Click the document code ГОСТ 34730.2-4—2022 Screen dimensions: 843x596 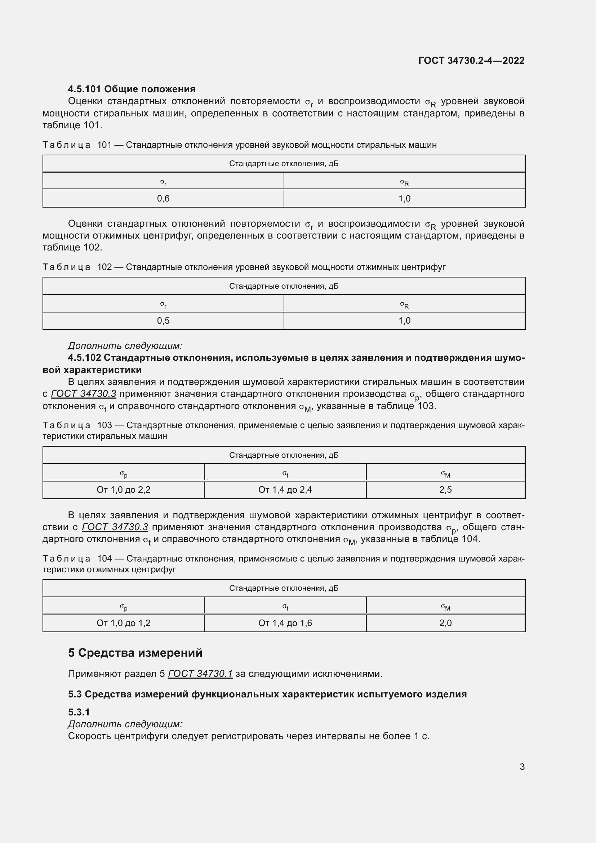(x=471, y=61)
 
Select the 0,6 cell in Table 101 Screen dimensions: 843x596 (x=163, y=199)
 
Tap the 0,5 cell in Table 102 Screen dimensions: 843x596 (x=163, y=321)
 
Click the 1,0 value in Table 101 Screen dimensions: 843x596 (x=404, y=199)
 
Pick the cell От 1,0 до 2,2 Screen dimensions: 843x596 (x=123, y=490)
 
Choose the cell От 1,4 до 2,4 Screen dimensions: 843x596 (x=285, y=490)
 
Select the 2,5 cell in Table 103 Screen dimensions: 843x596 (x=445, y=490)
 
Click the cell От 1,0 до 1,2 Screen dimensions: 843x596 (x=123, y=623)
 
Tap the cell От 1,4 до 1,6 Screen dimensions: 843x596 (x=285, y=623)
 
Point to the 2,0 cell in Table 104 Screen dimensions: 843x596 (x=445, y=623)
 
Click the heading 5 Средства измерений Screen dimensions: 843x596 (x=135, y=653)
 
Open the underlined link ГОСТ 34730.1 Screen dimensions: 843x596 (x=200, y=674)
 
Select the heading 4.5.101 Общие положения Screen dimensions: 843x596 (x=132, y=89)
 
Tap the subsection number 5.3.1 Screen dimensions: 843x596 (x=79, y=712)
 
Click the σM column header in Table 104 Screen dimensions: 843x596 (x=445, y=607)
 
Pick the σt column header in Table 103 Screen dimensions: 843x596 (x=285, y=474)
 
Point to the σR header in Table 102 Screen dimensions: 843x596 (x=404, y=305)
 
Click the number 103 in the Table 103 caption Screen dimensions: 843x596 (x=104, y=425)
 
